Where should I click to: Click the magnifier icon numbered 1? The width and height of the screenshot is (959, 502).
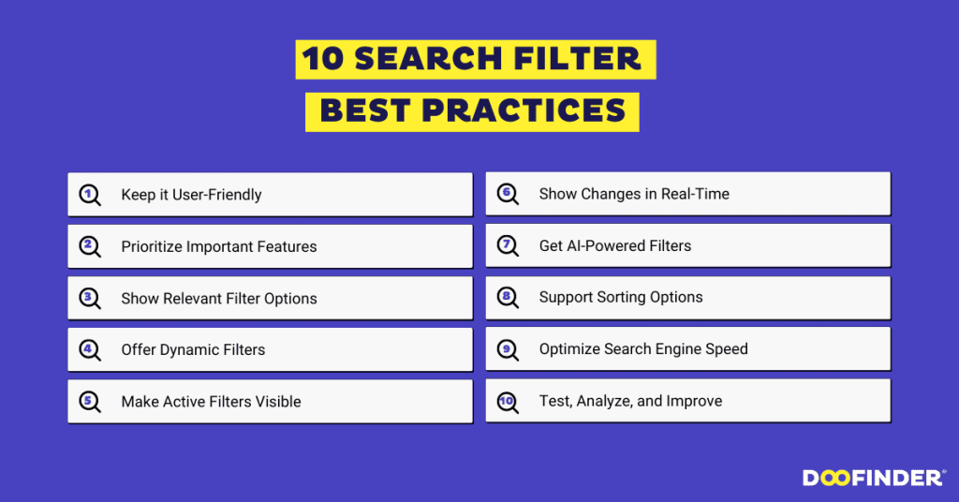point(90,195)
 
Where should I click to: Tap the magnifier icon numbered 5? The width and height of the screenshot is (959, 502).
point(90,402)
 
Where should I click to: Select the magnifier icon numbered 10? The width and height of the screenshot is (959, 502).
point(508,401)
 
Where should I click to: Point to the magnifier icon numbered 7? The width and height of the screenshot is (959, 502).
point(508,245)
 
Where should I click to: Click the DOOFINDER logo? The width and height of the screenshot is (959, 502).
point(873,478)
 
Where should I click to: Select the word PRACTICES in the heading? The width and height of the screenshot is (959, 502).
point(524,111)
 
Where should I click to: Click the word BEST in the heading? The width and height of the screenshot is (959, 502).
point(365,111)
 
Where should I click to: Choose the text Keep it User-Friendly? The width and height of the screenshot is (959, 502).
point(191,195)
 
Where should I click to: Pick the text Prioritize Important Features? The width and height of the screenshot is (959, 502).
point(219,246)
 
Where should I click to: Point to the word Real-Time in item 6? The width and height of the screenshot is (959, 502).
point(694,194)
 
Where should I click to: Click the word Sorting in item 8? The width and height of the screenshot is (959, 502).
point(622,297)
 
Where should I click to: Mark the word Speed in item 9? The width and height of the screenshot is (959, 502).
point(725,348)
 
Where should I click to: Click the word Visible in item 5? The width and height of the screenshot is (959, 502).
point(276,401)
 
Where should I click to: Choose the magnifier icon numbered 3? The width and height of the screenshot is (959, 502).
point(90,298)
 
